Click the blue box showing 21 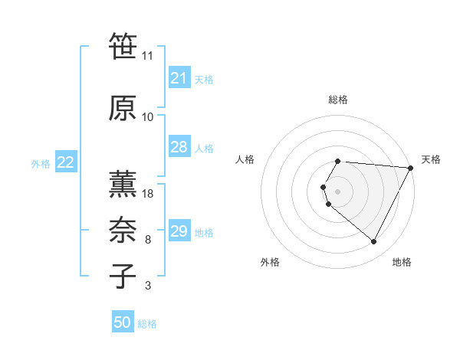click(179, 78)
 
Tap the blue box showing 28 click(179, 147)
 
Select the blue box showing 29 click(179, 232)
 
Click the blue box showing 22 click(66, 162)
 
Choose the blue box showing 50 click(123, 322)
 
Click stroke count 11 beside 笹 click(148, 56)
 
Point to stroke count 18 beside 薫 click(148, 193)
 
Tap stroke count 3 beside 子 click(148, 286)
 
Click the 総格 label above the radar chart click(338, 100)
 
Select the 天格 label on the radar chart click(431, 159)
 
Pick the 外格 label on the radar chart click(270, 262)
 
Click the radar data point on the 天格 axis click(410, 168)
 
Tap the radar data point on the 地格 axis click(374, 242)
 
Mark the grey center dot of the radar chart click(338, 191)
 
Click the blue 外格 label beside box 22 click(40, 163)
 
